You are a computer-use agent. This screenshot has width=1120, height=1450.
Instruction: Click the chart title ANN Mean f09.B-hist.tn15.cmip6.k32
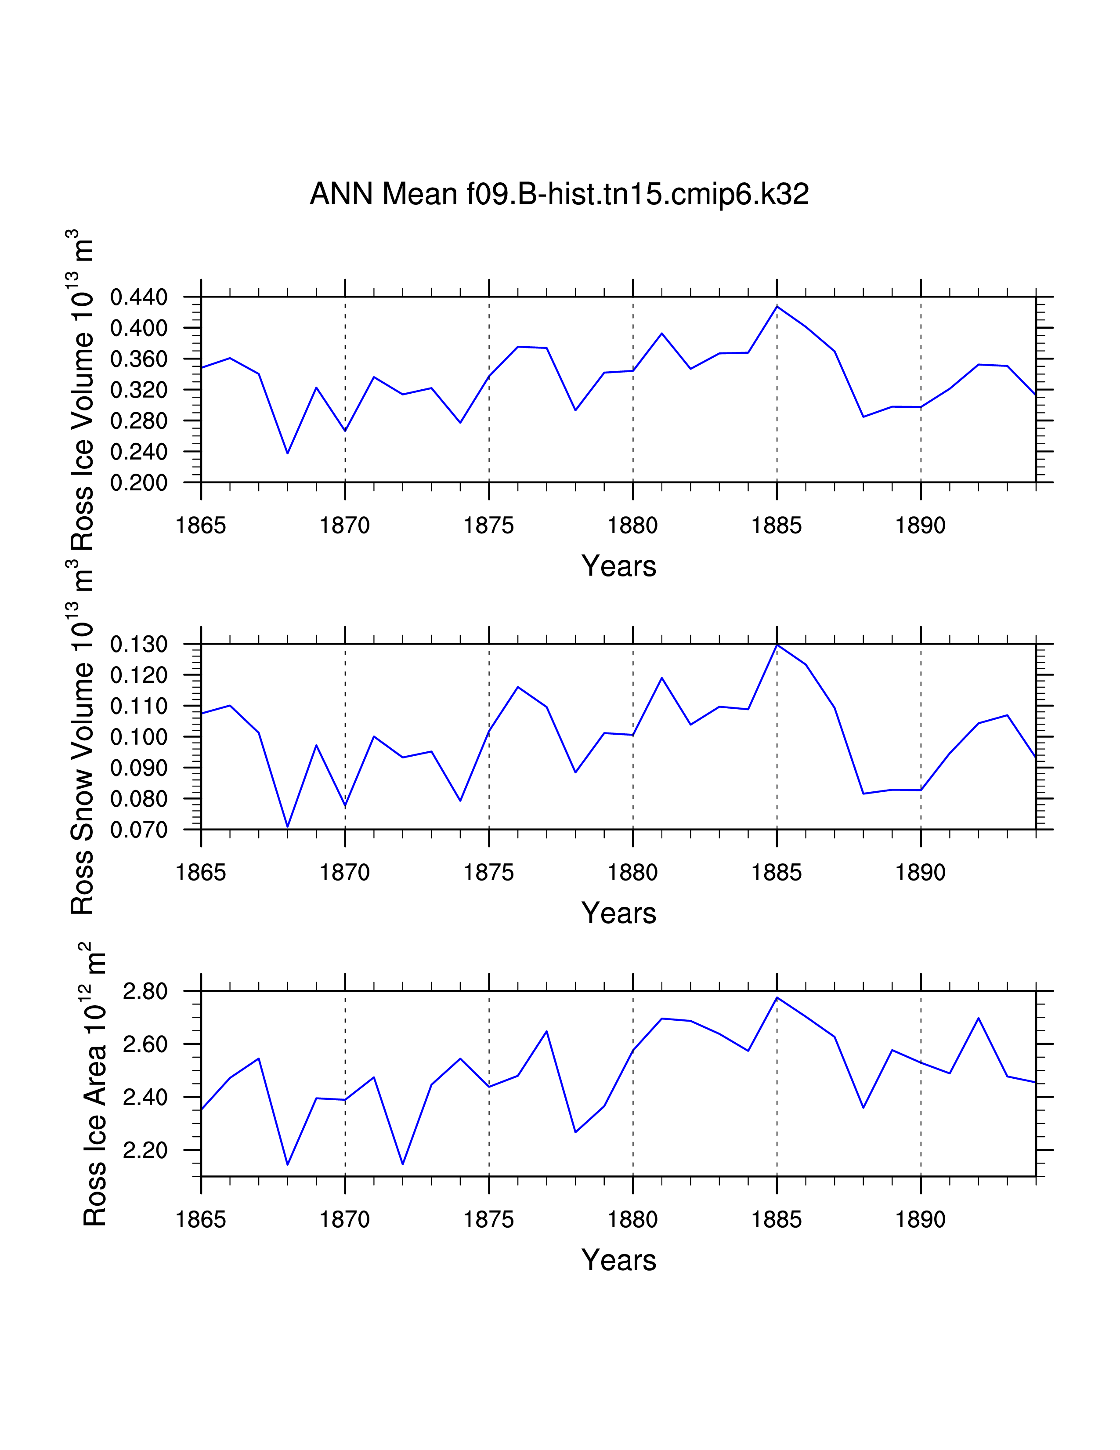pyautogui.click(x=559, y=194)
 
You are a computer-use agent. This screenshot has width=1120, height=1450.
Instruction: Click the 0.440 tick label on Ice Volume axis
pyautogui.click(x=139, y=297)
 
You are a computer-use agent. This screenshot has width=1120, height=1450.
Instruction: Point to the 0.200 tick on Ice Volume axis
pyautogui.click(x=139, y=482)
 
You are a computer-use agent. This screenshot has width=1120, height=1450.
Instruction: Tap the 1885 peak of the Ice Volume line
pyautogui.click(x=777, y=306)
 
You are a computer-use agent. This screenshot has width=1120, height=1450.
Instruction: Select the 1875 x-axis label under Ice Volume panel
pyautogui.click(x=488, y=526)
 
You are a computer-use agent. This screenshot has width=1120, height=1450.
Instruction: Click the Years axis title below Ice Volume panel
pyautogui.click(x=618, y=566)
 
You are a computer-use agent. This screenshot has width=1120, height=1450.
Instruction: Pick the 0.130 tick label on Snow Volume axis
pyautogui.click(x=139, y=644)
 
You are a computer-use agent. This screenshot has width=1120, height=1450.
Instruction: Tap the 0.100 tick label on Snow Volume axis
pyautogui.click(x=139, y=737)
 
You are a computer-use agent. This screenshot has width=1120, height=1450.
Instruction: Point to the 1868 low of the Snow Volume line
pyautogui.click(x=287, y=826)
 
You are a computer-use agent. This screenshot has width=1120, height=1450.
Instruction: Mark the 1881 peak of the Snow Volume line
pyautogui.click(x=661, y=678)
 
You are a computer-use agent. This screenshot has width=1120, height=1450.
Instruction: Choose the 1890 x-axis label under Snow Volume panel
pyautogui.click(x=920, y=872)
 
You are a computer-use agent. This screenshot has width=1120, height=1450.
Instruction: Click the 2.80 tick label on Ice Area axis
pyautogui.click(x=145, y=991)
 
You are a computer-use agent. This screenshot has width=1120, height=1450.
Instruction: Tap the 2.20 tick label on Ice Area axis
pyautogui.click(x=145, y=1150)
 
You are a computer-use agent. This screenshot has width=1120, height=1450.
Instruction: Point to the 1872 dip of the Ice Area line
pyautogui.click(x=402, y=1164)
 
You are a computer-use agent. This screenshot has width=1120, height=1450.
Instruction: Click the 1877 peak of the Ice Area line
pyautogui.click(x=547, y=1031)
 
